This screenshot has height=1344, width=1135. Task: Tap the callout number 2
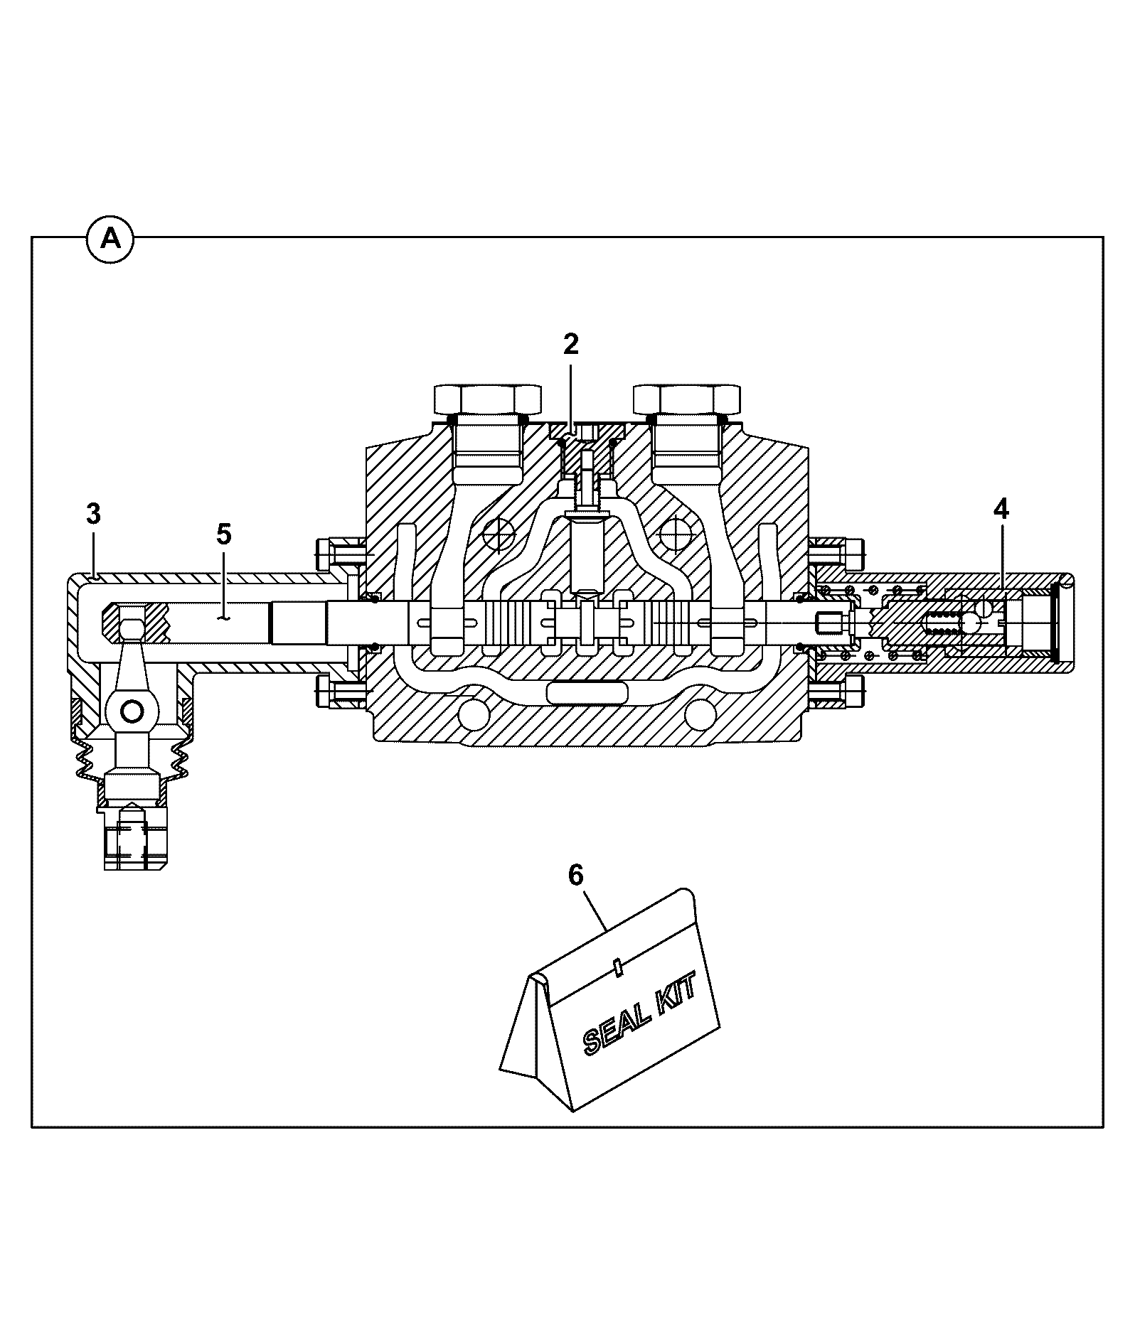pyautogui.click(x=570, y=344)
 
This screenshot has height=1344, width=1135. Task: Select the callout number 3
pyautogui.click(x=93, y=514)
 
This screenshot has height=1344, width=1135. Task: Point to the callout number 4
pyautogui.click(x=1001, y=509)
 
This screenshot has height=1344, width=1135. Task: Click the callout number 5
pyautogui.click(x=224, y=534)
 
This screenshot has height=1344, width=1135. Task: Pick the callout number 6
pyautogui.click(x=575, y=875)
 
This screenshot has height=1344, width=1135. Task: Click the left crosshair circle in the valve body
pyautogui.click(x=499, y=533)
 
